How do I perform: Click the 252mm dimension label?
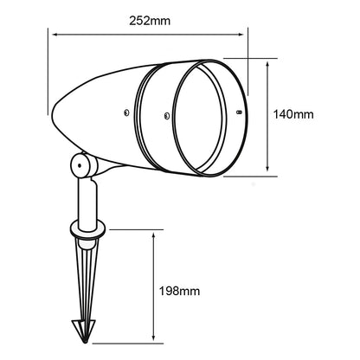(x=150, y=21)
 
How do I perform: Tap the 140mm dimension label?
(x=293, y=114)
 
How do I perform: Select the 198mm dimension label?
(x=179, y=291)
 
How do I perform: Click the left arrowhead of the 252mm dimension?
(x=55, y=35)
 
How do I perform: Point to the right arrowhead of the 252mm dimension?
(x=241, y=35)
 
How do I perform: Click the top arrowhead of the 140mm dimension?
(x=267, y=65)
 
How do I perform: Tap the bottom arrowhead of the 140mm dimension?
(x=267, y=168)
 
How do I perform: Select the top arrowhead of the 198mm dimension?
(x=154, y=236)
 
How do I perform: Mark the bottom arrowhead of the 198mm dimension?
(x=154, y=337)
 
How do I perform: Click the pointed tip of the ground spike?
(x=85, y=343)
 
